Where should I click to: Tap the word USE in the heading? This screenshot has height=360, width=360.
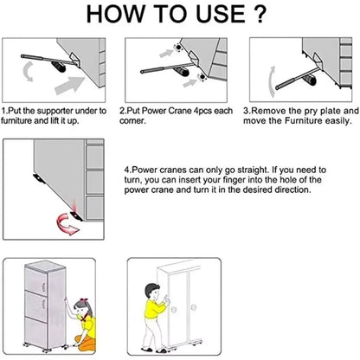221,14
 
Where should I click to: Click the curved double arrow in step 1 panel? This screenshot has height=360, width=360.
28,71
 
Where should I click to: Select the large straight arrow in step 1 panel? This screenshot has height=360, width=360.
69,85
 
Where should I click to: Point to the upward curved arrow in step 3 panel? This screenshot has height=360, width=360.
271,81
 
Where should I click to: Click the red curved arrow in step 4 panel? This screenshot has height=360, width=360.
67,223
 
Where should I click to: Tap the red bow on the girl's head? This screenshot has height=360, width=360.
83,301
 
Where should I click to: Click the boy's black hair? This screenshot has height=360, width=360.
151,289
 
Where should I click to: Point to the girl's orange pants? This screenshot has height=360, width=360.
86,343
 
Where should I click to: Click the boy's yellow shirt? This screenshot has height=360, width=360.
153,310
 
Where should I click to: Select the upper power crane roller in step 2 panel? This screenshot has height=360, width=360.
178,48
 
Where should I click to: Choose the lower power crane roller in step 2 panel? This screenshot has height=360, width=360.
202,77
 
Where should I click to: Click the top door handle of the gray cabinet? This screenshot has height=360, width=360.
43,286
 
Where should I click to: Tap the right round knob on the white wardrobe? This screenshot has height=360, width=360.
193,307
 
